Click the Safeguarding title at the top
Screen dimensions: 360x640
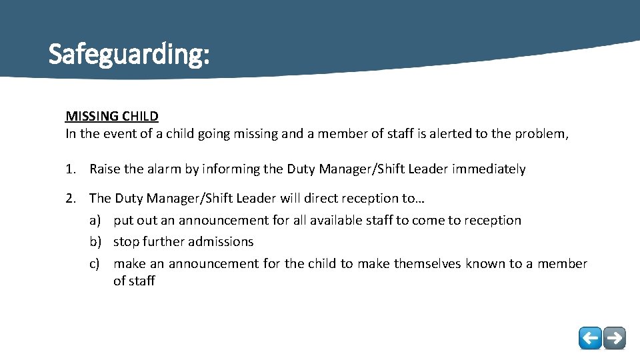129,54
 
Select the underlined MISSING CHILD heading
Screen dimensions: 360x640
112,117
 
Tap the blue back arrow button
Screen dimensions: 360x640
590,338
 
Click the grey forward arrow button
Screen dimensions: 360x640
615,338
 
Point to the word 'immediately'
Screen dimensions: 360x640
489,169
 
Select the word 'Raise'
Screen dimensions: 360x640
105,169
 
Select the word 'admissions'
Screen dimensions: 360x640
221,241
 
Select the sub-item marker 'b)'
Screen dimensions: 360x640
96,241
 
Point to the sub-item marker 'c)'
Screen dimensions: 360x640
96,263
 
